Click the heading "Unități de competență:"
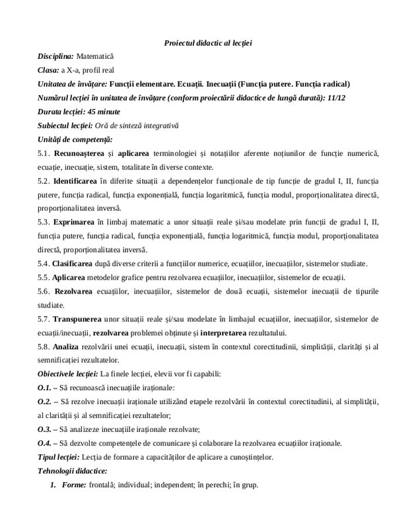click(x=75, y=139)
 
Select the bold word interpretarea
click(x=266, y=332)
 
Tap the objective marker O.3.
click(x=45, y=429)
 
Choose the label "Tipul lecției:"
click(x=58, y=457)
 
